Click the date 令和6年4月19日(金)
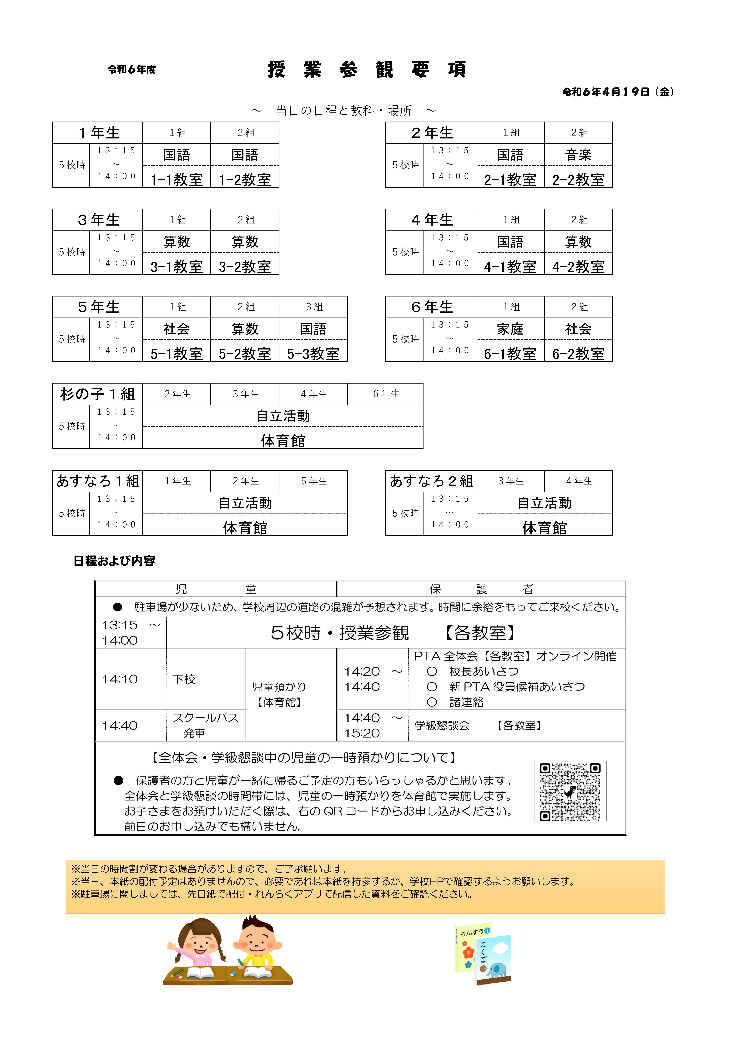pos(618,92)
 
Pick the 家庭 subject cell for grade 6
pos(510,329)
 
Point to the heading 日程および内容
pos(114,561)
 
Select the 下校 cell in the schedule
pos(184,679)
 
